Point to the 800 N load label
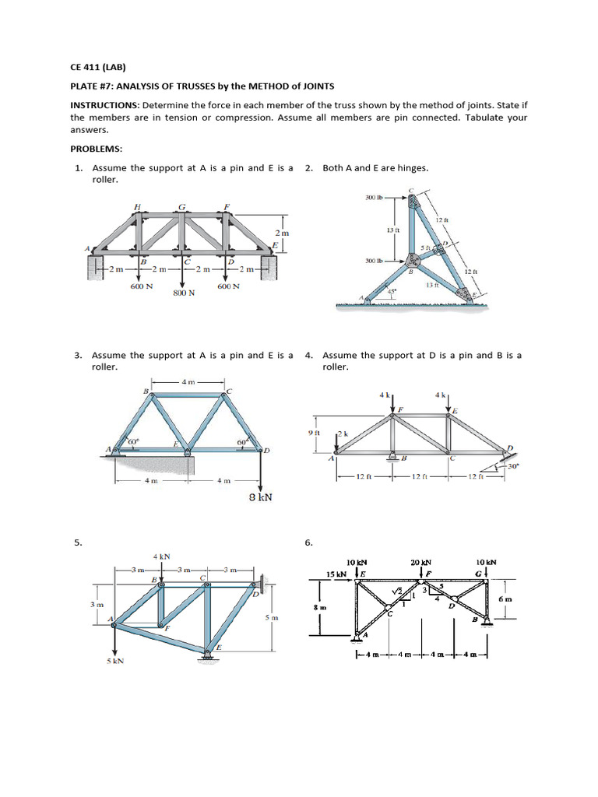tap(184, 293)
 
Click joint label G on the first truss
tap(181, 207)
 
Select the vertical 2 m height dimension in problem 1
tap(282, 233)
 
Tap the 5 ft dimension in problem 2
tap(426, 248)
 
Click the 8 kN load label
tap(259, 497)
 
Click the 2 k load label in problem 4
tap(345, 433)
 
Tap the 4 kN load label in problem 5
tap(162, 556)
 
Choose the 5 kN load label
tap(115, 661)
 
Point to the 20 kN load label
tap(420, 562)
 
